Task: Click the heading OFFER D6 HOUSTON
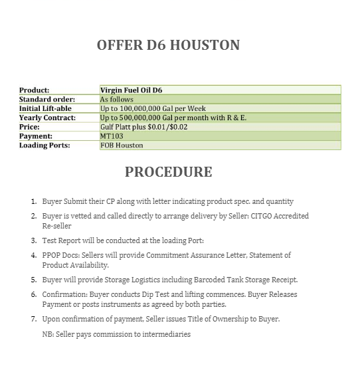click(168, 46)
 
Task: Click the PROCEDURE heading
click(168, 172)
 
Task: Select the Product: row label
click(34, 90)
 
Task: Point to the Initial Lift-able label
click(45, 108)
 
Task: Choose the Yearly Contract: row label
click(47, 118)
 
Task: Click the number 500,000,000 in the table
click(145, 118)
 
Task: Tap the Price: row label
click(29, 126)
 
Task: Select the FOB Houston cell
click(122, 145)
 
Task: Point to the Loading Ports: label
click(44, 145)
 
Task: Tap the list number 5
click(34, 280)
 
